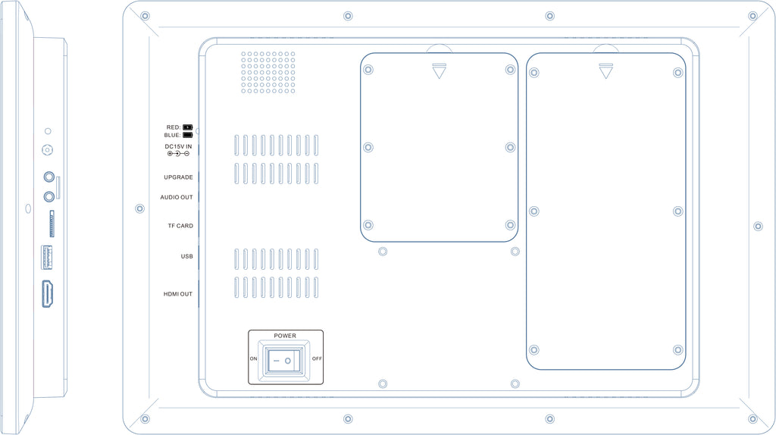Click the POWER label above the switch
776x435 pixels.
click(x=285, y=336)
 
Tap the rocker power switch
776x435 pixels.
click(x=284, y=361)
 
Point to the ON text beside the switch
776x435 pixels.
click(x=253, y=358)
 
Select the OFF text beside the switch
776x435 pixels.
click(x=317, y=358)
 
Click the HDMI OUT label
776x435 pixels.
click(x=177, y=294)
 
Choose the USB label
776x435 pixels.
click(x=186, y=256)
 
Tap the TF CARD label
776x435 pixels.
click(x=180, y=226)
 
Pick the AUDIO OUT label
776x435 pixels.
click(x=176, y=197)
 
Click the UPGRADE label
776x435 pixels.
click(x=178, y=177)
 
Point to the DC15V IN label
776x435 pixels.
click(x=178, y=146)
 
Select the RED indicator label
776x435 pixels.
click(x=174, y=127)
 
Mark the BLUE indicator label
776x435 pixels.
click(x=172, y=135)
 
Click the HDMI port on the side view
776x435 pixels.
click(x=47, y=293)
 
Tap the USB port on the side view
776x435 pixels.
click(x=46, y=258)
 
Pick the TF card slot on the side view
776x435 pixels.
click(x=52, y=224)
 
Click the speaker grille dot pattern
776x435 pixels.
click(x=268, y=72)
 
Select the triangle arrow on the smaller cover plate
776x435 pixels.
click(x=439, y=70)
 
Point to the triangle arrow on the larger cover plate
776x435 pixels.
click(x=605, y=70)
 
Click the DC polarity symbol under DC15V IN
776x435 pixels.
click(x=178, y=153)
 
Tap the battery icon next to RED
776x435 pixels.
click(x=188, y=127)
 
